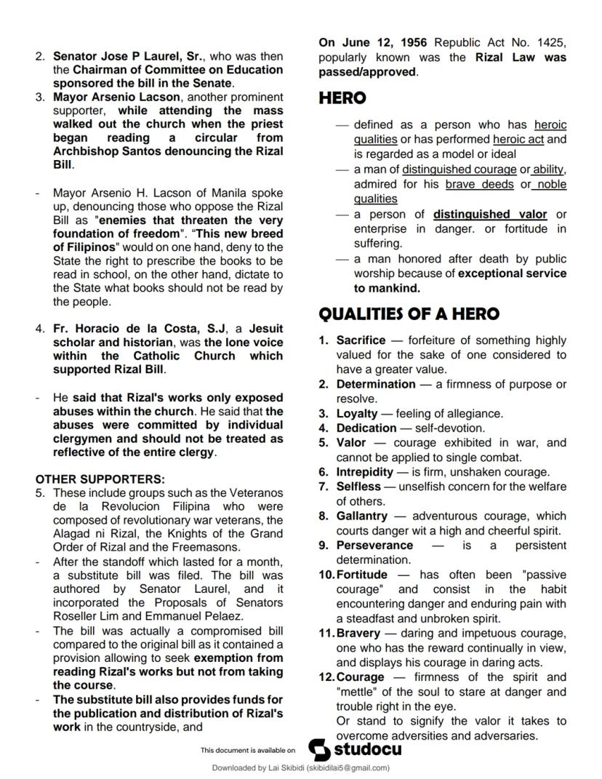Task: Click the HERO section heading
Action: [342, 98]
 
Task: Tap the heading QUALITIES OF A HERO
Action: [409, 314]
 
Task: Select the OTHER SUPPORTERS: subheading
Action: [100, 479]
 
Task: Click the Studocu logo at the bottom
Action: [355, 749]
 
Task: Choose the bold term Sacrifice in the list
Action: [361, 340]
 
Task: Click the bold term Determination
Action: [376, 384]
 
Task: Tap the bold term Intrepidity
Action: [365, 472]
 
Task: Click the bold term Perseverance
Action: [374, 545]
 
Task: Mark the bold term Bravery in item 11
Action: [358, 633]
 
